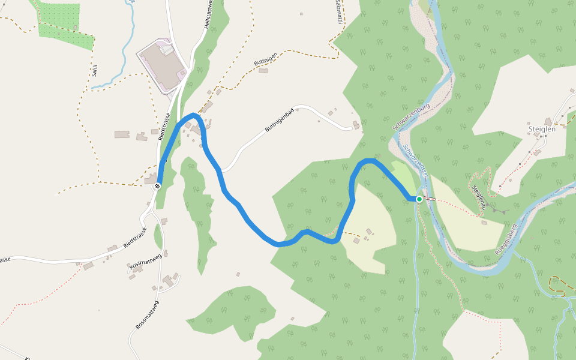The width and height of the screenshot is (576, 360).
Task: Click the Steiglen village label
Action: pos(542,128)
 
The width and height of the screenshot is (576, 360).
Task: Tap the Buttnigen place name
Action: pos(265,62)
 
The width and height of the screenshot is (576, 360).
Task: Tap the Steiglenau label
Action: pos(478,197)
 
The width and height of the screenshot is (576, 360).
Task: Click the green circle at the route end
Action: pos(419,199)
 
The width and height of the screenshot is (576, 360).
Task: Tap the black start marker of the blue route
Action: pos(157,186)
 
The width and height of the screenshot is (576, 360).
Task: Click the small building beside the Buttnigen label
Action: pos(263,71)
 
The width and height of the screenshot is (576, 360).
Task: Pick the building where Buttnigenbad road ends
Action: pos(356,125)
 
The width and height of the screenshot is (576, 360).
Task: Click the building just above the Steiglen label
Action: pos(548,121)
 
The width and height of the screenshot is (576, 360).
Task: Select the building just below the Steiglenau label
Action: pos(484,223)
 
